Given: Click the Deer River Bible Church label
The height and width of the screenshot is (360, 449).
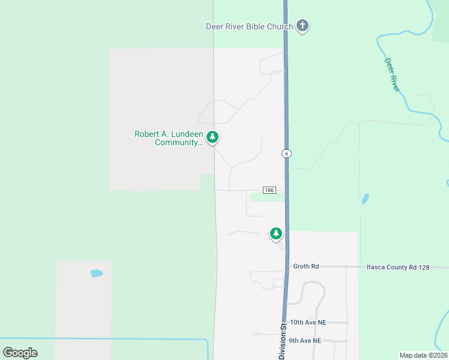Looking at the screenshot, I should pos(249,26).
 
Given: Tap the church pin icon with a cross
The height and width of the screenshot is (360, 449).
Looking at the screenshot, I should pos(303,26).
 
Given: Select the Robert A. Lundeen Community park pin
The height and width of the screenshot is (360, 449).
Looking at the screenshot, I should pos(212,137).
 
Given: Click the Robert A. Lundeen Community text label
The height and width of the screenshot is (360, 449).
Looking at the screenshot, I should pos(169,138).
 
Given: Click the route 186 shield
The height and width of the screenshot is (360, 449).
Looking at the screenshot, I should pos(268,190).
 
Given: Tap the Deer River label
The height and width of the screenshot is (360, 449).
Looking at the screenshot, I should pos(392,74).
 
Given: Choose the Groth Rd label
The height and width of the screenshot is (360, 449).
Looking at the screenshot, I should pos(306,266).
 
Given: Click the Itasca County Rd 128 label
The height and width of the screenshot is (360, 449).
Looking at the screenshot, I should pos(398,267).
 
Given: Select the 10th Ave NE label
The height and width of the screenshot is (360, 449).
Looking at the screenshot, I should pos(307,322).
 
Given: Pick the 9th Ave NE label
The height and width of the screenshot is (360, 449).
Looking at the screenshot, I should pos(305,341).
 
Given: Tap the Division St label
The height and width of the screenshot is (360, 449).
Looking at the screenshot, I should pos(282,342).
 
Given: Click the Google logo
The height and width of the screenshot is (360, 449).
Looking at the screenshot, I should pos(20,352).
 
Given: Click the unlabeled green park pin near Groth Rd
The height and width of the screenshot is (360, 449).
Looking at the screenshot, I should pos(276,233).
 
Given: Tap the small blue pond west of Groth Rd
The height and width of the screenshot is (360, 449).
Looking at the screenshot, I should pos(96,274).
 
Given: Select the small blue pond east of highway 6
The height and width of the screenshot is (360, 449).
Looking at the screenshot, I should pos(365,199).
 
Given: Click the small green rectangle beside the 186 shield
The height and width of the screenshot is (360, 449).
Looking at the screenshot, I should pos(267,197).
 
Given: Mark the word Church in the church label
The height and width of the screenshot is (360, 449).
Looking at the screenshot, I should pos(279,26).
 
